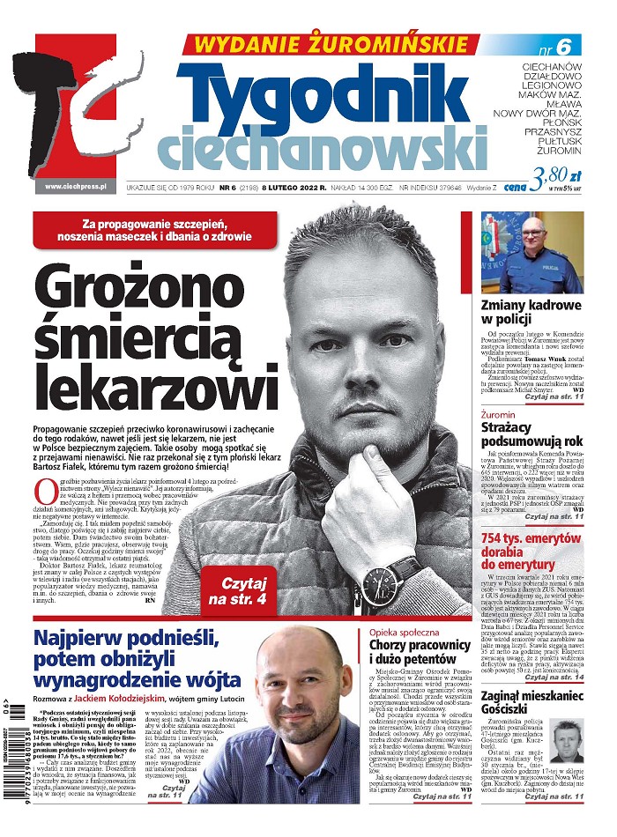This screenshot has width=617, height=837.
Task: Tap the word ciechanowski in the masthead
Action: coord(322,147)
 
